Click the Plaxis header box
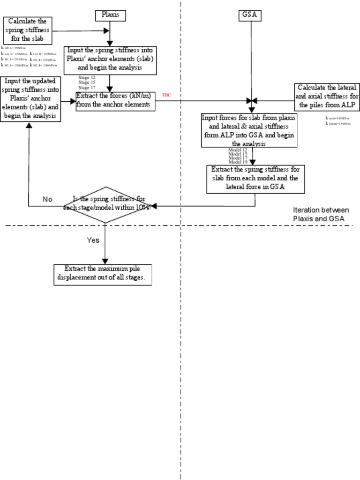click(x=111, y=15)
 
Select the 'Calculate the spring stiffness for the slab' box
click(x=28, y=30)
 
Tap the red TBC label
click(x=166, y=95)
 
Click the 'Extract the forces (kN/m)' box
click(x=116, y=101)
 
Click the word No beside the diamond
click(x=47, y=199)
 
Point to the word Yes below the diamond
click(x=93, y=240)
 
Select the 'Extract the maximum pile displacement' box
click(x=105, y=275)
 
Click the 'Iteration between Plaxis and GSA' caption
click(x=321, y=214)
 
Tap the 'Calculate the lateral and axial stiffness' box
click(x=327, y=97)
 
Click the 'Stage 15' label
click(x=87, y=82)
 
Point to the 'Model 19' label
click(x=238, y=162)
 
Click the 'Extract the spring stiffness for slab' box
click(x=255, y=179)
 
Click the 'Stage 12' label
click(x=87, y=77)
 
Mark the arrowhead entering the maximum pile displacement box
click(x=105, y=261)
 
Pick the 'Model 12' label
click(x=238, y=150)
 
